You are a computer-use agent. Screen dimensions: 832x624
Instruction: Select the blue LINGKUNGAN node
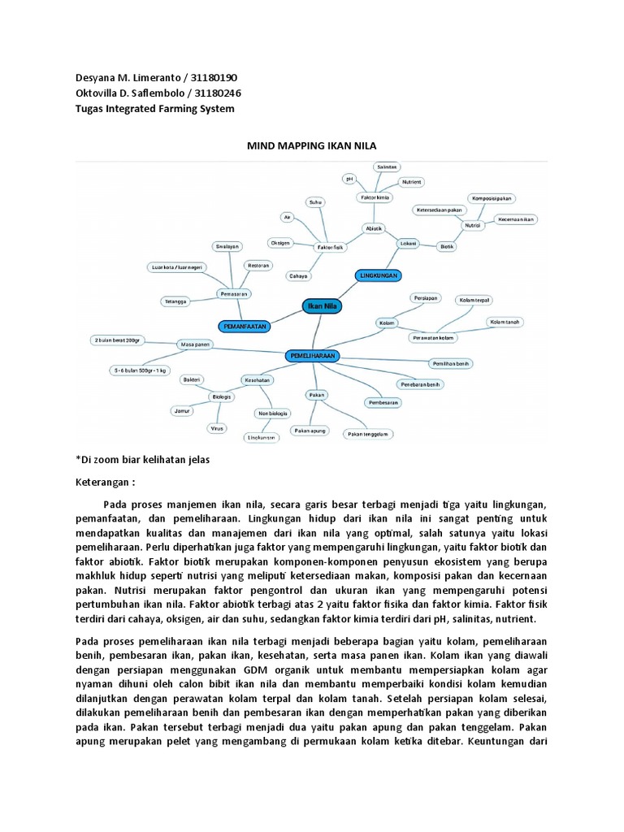(378, 276)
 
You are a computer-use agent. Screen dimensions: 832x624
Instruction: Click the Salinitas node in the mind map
(387, 167)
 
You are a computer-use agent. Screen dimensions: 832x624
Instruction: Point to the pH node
(349, 177)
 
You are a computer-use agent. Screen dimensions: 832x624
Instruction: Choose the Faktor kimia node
(374, 197)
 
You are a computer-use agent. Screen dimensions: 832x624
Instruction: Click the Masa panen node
(196, 344)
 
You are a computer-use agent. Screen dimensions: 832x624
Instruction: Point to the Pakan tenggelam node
(367, 433)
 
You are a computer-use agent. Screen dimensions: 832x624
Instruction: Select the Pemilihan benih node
(451, 363)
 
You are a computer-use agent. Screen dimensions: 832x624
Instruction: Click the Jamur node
(182, 412)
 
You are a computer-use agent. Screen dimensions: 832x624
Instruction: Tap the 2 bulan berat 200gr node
(122, 339)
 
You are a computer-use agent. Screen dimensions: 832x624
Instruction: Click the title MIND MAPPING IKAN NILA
(312, 146)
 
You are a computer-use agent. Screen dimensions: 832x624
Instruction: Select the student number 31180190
(213, 77)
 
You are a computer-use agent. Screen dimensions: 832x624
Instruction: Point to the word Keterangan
(101, 481)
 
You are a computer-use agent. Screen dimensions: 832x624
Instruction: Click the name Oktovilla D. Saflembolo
(126, 93)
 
